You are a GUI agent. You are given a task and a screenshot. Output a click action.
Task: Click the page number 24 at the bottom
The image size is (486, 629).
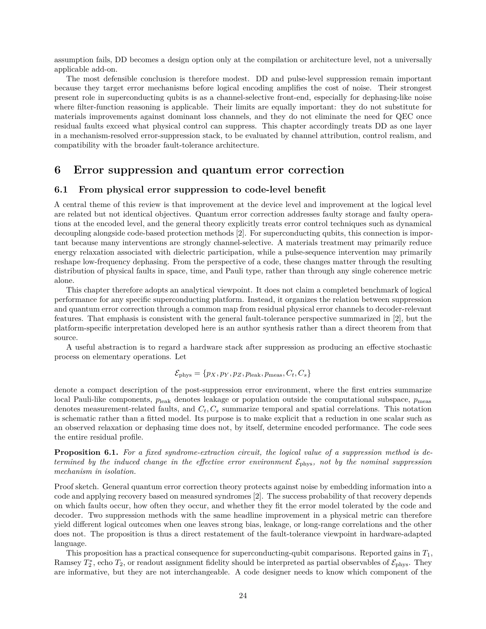tap(243, 596)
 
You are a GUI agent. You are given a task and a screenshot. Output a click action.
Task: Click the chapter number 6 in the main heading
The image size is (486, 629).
tap(58, 170)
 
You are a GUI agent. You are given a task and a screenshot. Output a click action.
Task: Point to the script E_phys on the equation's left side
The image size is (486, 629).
tap(183, 374)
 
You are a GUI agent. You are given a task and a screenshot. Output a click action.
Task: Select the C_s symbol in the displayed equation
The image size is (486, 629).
tap(303, 374)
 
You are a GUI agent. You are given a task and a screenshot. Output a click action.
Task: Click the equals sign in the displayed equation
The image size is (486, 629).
tap(197, 374)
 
